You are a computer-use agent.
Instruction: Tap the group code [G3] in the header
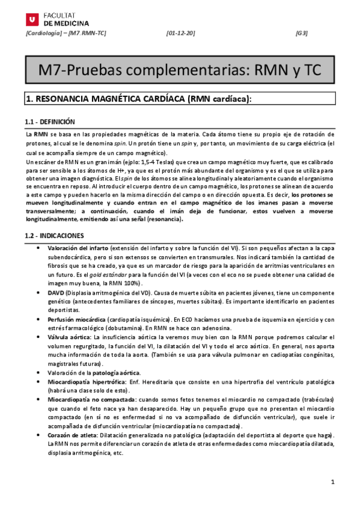click(x=302, y=33)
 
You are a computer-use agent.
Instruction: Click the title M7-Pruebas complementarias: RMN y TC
click(x=180, y=70)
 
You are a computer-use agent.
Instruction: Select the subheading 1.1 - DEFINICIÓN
click(x=50, y=121)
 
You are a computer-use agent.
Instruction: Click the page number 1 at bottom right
click(x=332, y=483)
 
